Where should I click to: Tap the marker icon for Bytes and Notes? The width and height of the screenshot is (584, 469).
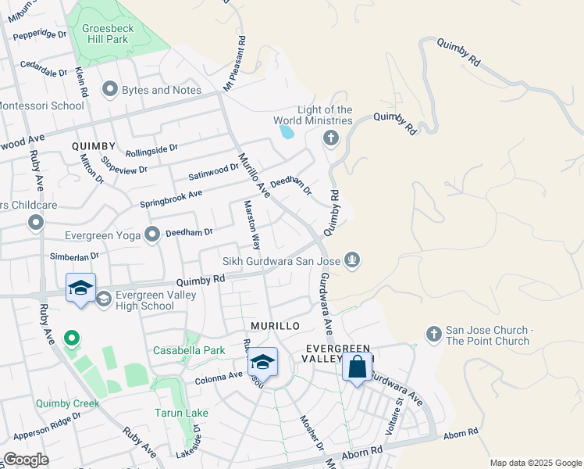pos(109,90)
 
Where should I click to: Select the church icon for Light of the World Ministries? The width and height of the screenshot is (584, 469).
pos(330,138)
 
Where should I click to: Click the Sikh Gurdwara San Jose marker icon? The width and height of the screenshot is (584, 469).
pos(352,260)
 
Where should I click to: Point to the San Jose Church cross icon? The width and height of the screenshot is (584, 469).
pos(433,335)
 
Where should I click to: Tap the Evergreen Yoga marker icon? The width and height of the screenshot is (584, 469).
pos(152,233)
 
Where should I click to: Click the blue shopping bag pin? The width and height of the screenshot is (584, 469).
pos(357,367)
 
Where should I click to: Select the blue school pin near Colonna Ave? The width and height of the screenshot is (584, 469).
pos(263,363)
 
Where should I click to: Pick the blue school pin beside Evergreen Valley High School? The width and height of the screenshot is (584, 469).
pos(81,288)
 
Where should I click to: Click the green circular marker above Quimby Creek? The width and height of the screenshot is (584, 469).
pos(71,338)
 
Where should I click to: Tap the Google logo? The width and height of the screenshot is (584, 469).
pos(26,460)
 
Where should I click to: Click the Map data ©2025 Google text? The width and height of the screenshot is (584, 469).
pos(534,463)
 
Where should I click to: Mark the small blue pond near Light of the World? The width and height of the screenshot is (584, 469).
pos(287,131)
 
